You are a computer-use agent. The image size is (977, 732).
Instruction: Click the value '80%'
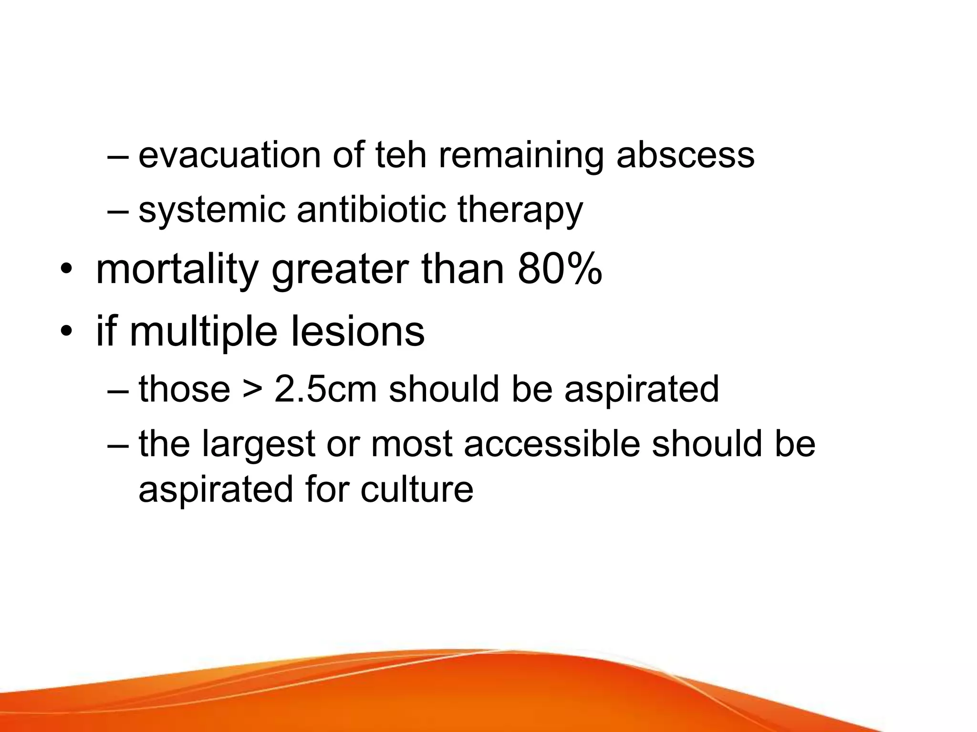click(x=560, y=270)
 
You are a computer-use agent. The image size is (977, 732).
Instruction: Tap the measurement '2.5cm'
click(x=325, y=389)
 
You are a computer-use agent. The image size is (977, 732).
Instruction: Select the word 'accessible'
click(x=551, y=444)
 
